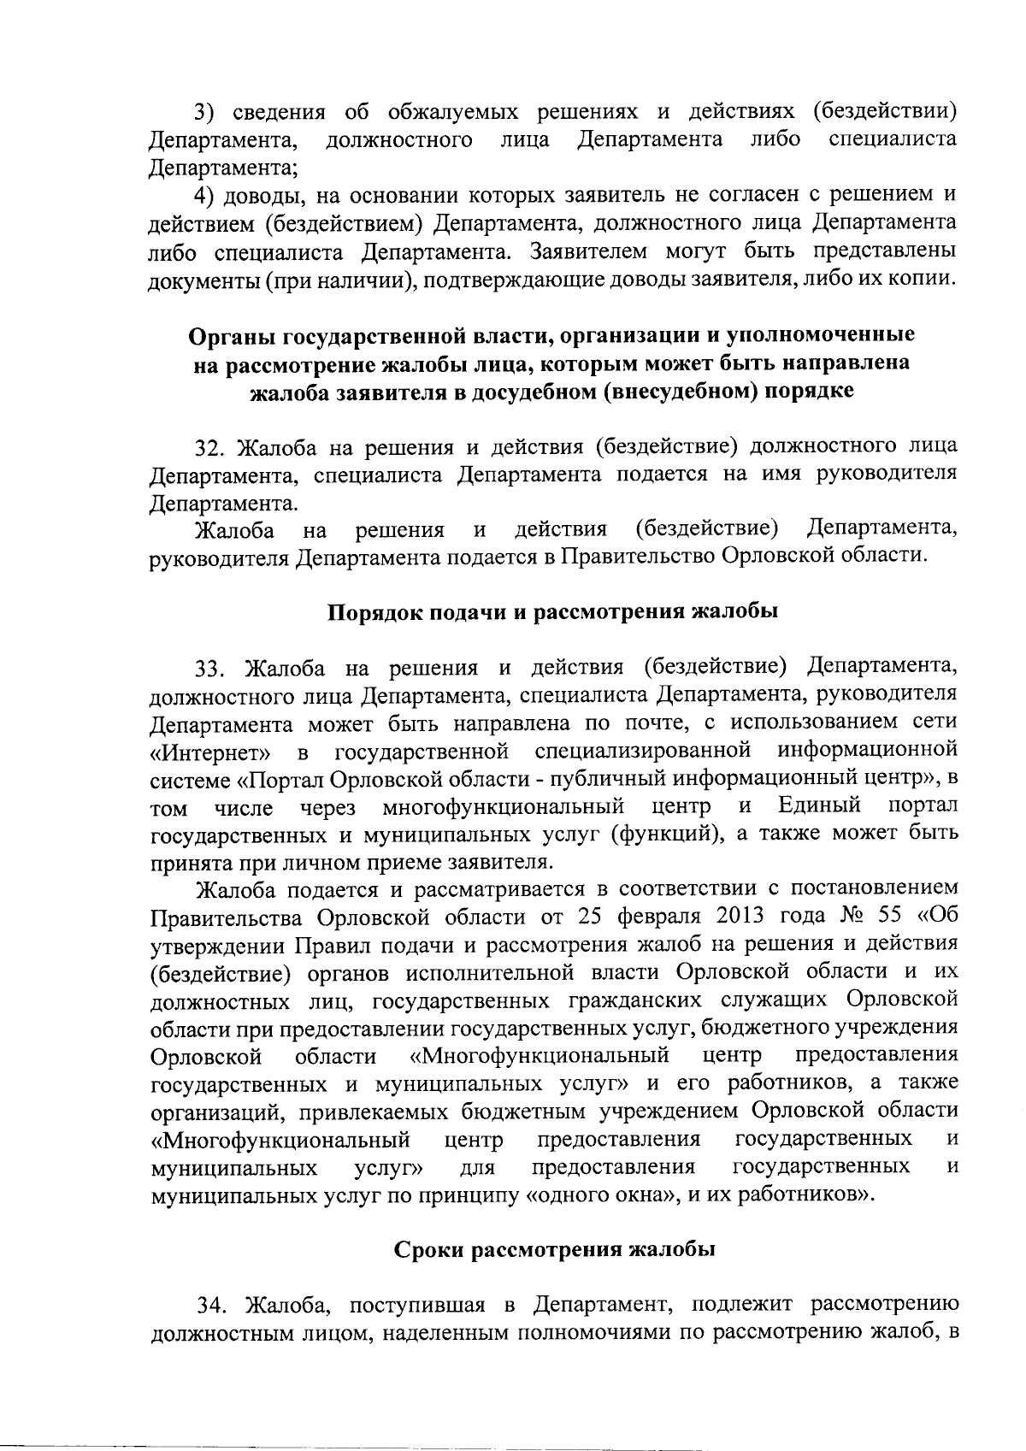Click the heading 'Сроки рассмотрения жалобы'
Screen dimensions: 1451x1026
(554, 1249)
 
